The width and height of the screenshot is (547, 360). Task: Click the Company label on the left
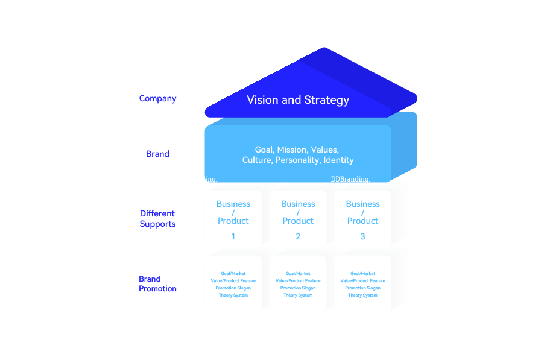point(157,98)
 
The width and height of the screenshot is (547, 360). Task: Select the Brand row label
point(157,154)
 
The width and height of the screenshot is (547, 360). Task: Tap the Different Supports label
point(157,218)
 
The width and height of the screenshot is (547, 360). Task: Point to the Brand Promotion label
point(157,283)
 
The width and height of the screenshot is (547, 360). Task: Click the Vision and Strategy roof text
point(298,100)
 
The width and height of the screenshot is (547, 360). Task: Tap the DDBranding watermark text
point(350,178)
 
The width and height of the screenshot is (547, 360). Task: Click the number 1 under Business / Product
point(233,236)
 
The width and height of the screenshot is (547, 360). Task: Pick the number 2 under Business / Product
point(298,236)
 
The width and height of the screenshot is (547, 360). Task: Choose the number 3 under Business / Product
point(362,236)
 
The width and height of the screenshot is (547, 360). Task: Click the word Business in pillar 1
point(233,204)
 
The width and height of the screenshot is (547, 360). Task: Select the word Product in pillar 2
point(298,221)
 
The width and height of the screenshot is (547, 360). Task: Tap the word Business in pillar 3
point(362,204)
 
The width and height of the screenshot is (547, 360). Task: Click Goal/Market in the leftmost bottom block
point(233,274)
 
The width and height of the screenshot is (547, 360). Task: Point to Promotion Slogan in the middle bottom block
point(298,288)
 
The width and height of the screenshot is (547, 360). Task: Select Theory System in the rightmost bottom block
point(362,295)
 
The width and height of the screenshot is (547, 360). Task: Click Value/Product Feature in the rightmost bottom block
point(362,281)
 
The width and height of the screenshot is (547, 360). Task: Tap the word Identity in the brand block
point(338,160)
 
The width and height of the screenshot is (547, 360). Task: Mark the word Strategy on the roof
point(326,100)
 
